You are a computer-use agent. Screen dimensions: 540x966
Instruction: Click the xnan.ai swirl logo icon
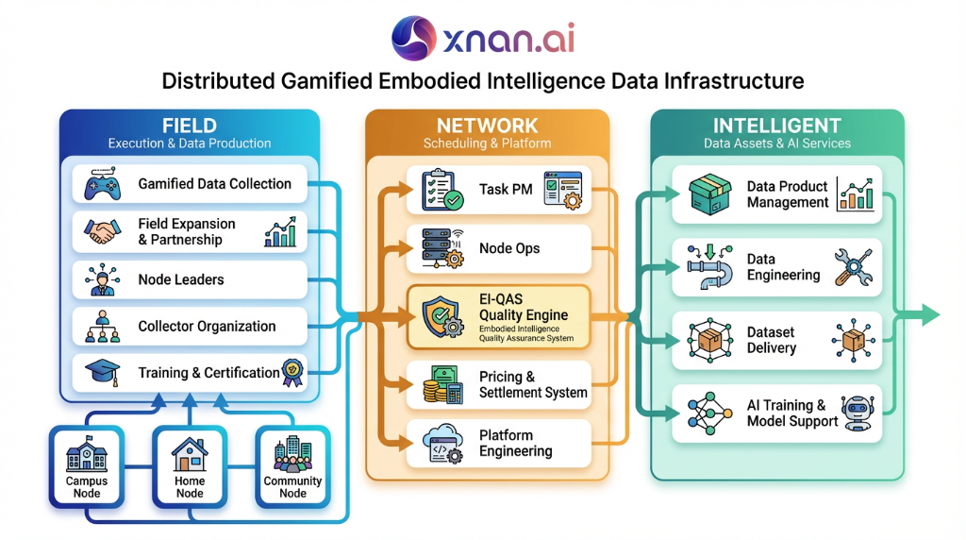413,38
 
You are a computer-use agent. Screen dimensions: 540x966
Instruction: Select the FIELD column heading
189,126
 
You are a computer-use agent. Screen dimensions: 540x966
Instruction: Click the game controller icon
103,184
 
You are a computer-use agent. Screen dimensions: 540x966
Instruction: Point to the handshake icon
103,232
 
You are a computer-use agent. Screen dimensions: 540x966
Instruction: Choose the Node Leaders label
181,279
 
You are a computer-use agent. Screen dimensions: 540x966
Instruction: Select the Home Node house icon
190,456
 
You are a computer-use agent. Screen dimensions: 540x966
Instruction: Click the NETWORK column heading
487,126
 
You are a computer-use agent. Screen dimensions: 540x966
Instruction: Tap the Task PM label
506,189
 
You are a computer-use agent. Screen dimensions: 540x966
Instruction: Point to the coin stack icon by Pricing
441,385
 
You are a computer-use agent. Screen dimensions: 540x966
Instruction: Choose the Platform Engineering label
516,444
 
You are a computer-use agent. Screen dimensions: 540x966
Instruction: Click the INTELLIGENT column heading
776,126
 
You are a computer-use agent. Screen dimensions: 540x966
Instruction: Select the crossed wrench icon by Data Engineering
853,267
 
